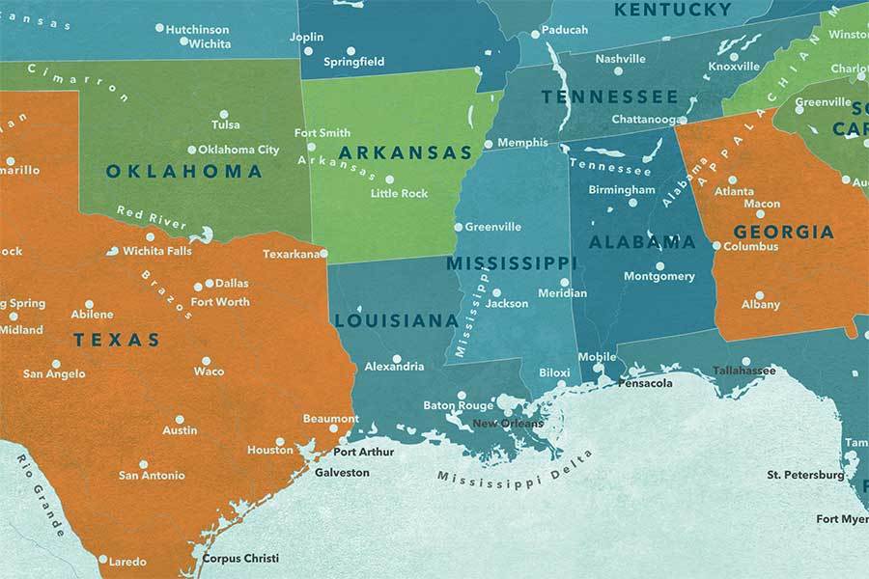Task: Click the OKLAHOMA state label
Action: (183, 172)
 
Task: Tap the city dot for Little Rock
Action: (390, 179)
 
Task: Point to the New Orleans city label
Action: (508, 423)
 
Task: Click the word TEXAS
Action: (117, 340)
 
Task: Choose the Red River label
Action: (152, 217)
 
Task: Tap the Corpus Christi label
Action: (239, 558)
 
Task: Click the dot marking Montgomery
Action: (660, 265)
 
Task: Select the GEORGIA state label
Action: (783, 232)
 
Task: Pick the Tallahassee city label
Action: (743, 371)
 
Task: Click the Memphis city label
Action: (522, 143)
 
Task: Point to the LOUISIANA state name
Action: (396, 320)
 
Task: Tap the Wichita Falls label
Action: (157, 251)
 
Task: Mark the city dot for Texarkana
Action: (324, 255)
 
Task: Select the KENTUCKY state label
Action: (672, 10)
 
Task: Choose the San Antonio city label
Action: (151, 475)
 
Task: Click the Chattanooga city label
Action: (644, 120)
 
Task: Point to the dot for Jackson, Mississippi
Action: (496, 292)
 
